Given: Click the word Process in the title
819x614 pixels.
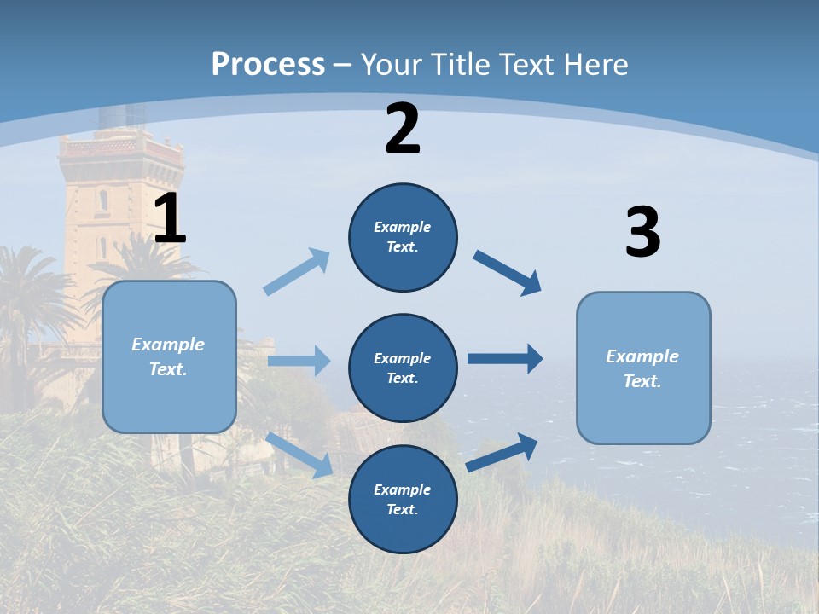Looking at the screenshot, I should point(268,64).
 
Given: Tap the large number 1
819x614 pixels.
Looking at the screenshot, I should point(170,219).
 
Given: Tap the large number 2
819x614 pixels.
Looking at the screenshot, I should point(403,129).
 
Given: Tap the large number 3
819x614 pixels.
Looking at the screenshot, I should point(642,233).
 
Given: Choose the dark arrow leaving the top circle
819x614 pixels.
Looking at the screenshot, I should point(507,272).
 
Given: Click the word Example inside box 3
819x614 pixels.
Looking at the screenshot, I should point(642,356).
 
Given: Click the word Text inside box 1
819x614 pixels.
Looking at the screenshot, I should point(167,369).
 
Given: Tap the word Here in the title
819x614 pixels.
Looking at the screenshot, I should point(601,64).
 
